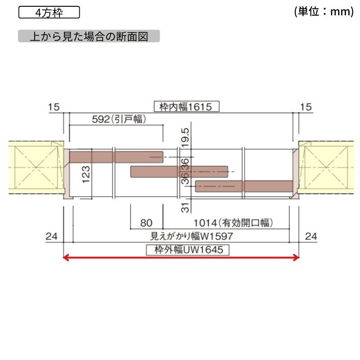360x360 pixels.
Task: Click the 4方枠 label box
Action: point(49,13)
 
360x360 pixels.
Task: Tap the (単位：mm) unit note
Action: point(324,12)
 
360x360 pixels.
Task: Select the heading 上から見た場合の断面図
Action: point(89,36)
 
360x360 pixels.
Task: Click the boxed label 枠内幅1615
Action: point(186,107)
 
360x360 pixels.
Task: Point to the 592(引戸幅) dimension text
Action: point(119,119)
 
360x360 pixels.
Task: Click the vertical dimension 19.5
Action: point(185,138)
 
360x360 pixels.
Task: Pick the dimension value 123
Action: point(86,175)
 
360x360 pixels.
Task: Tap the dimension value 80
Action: point(146,223)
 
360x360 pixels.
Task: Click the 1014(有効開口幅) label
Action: point(233,223)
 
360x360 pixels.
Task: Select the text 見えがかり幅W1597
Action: point(192,236)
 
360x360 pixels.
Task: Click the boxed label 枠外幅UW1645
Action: point(188,250)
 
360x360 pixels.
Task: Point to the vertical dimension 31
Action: point(185,207)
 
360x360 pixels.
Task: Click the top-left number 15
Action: point(54,107)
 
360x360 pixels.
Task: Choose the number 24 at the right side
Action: point(311,236)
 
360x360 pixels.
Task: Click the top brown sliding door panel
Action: point(116,157)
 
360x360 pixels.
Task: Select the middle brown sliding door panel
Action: point(179,172)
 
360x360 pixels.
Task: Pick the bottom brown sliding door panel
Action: point(244,186)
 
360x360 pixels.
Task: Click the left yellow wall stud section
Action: point(36,167)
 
